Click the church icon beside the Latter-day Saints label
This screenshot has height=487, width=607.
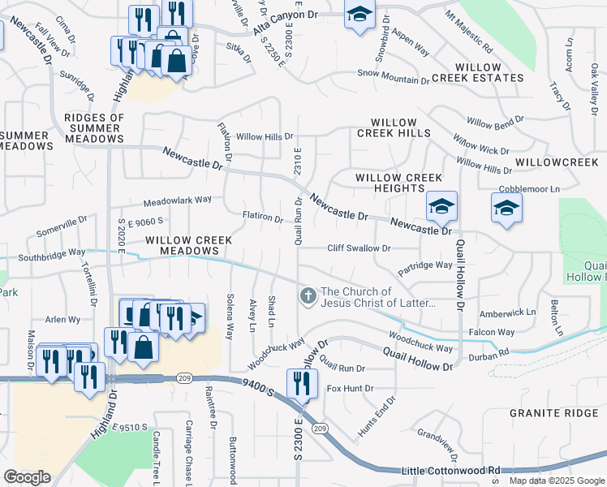(308, 296)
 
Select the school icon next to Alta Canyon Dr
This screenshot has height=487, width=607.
(358, 15)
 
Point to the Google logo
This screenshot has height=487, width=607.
(28, 477)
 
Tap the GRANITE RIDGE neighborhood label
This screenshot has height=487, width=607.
(554, 413)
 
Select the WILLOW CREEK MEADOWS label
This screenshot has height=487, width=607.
(189, 246)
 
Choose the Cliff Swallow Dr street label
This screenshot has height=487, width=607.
(359, 248)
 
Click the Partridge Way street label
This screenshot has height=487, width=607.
(425, 265)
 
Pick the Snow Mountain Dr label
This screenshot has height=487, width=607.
(394, 80)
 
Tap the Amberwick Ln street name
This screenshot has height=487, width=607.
(508, 312)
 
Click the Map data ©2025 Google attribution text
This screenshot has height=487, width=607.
(556, 481)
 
